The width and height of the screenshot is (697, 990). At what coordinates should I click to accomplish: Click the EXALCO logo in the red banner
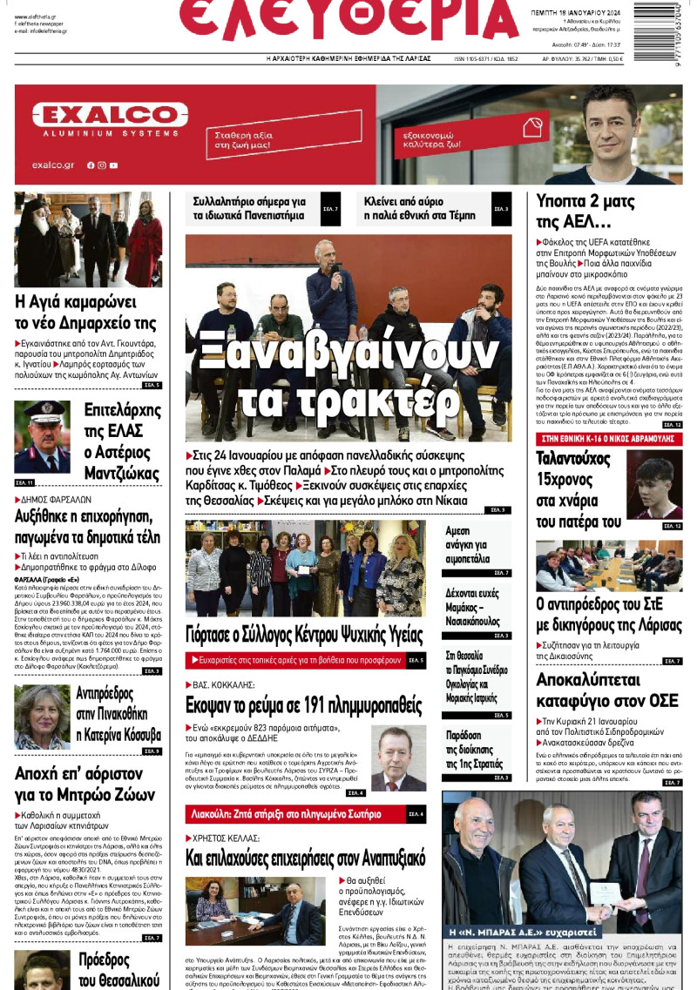[x=98, y=116]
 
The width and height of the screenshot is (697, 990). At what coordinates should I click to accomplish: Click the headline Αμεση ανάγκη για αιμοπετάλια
[x=468, y=545]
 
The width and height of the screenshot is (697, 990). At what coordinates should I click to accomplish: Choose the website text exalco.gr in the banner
[x=52, y=165]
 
